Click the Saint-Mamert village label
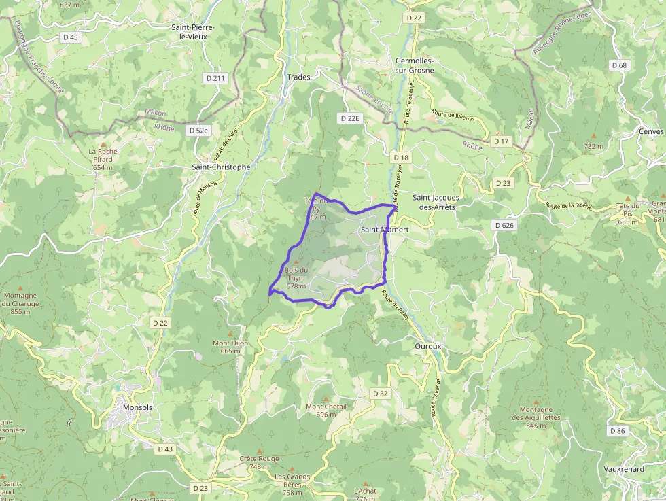click(x=385, y=230)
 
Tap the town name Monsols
click(x=138, y=407)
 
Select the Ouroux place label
click(x=427, y=346)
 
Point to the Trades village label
click(x=298, y=77)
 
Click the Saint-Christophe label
click(x=221, y=167)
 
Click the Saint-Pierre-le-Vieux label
click(x=193, y=32)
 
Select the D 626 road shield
click(x=504, y=225)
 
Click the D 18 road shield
click(x=401, y=158)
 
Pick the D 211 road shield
click(x=214, y=78)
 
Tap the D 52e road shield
click(x=199, y=130)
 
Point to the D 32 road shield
click(x=381, y=394)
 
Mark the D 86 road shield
click(x=617, y=431)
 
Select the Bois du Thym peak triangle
click(x=296, y=262)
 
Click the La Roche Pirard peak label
click(x=103, y=159)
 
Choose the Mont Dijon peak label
click(x=230, y=347)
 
